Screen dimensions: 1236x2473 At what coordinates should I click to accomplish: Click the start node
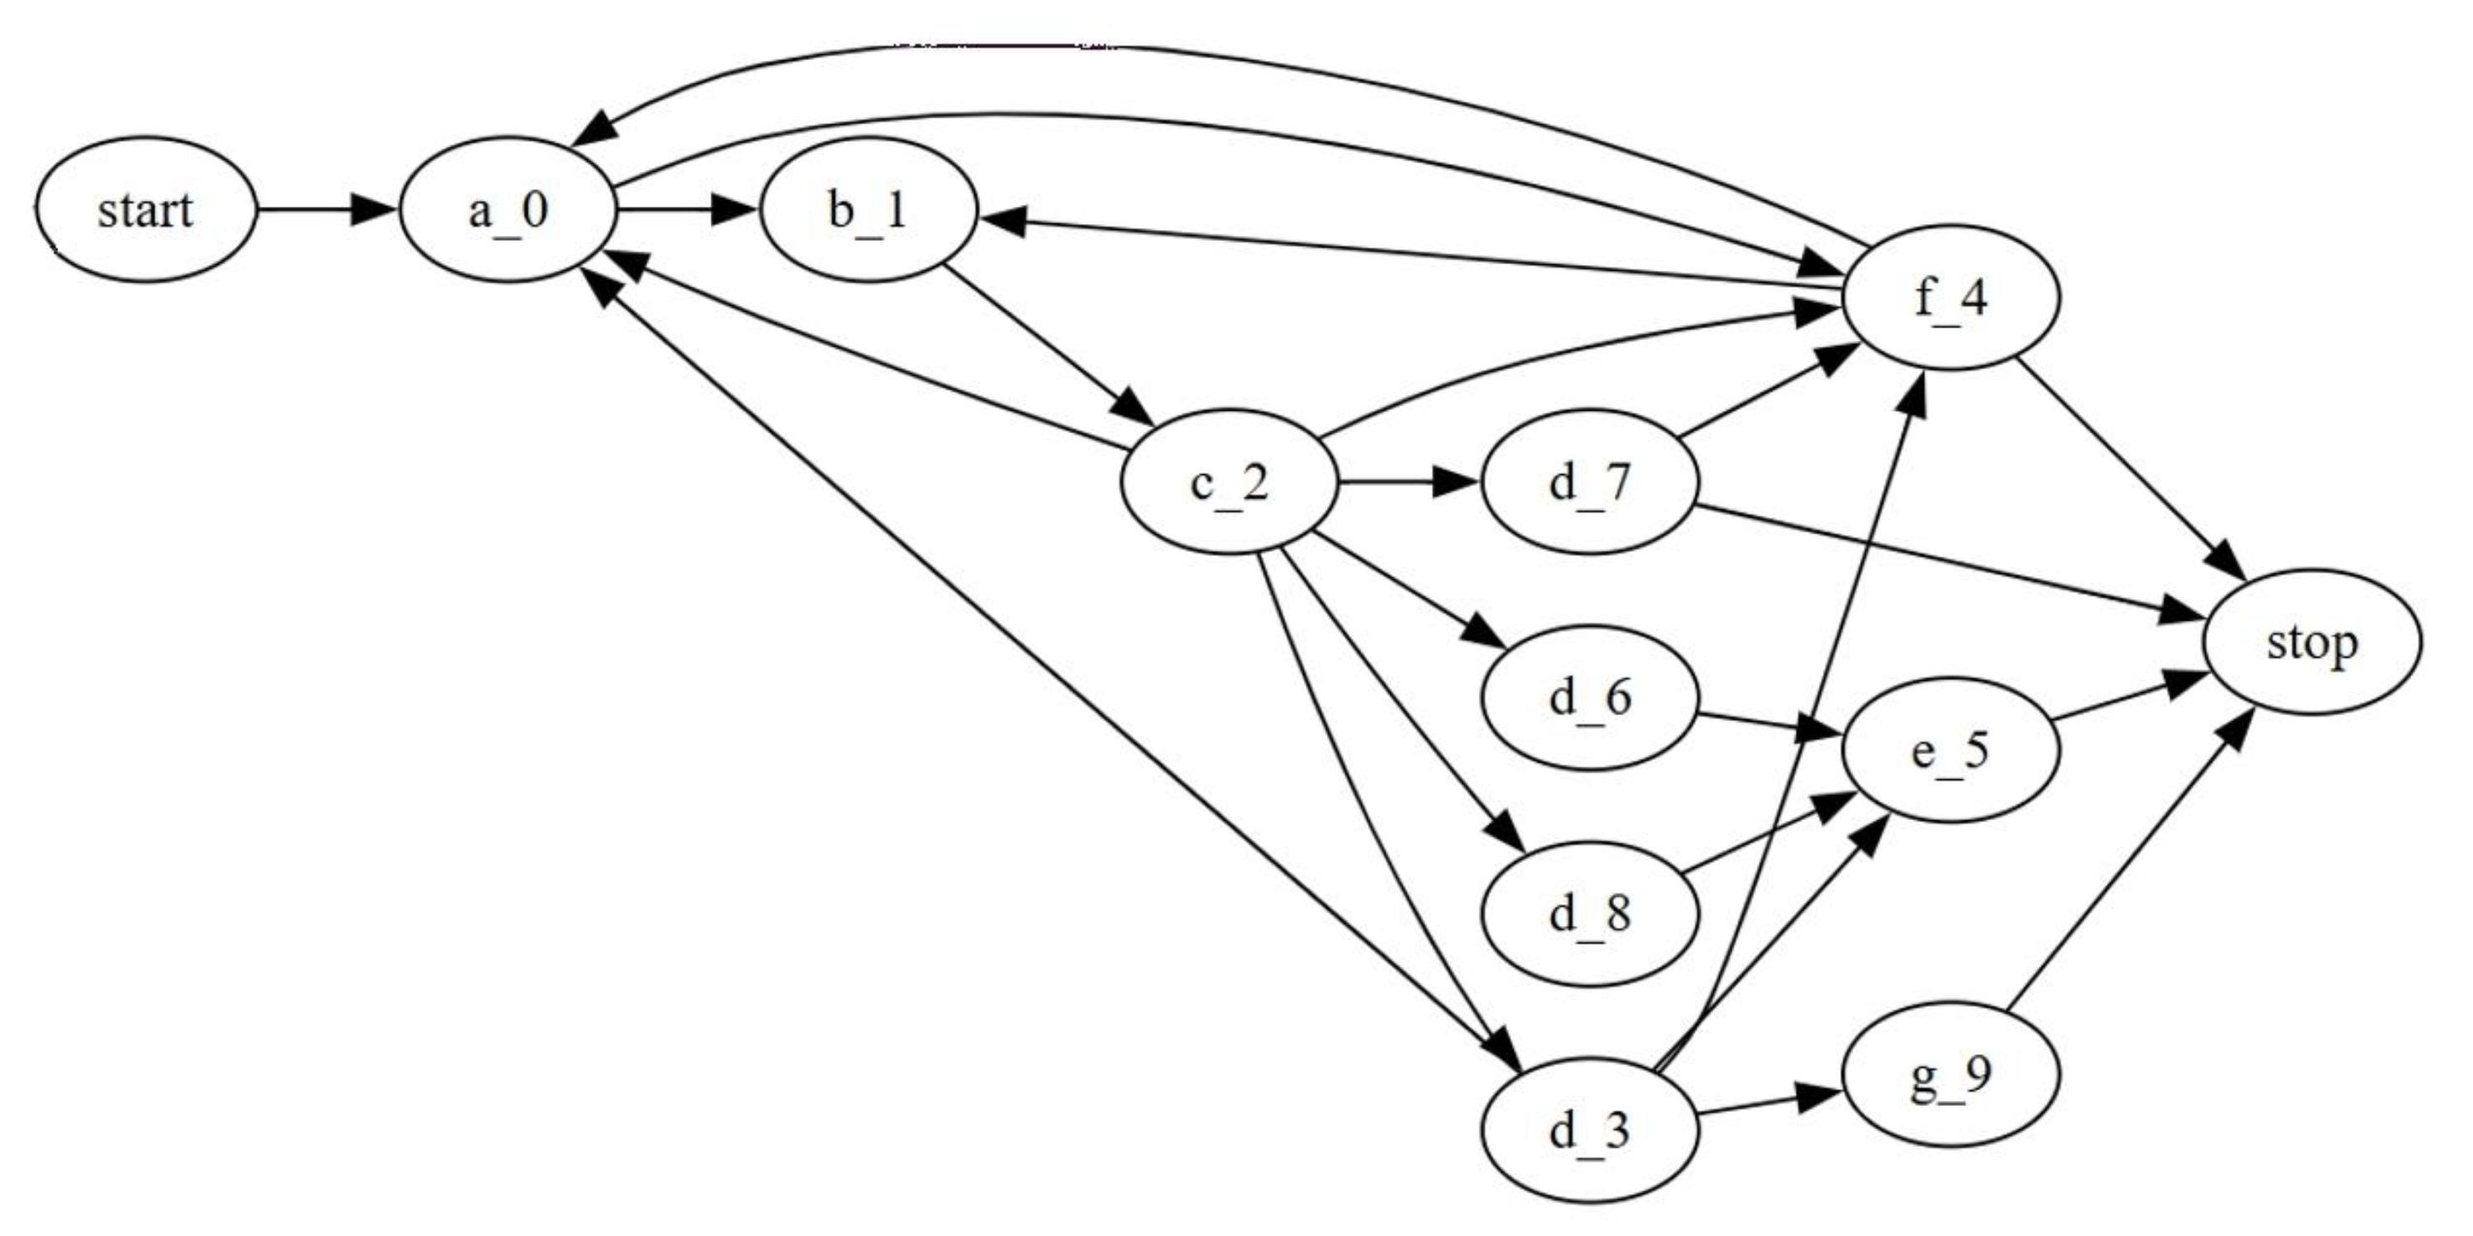[x=146, y=209]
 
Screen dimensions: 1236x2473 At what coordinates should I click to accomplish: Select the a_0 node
[x=507, y=209]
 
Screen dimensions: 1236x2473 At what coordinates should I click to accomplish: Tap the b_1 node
[x=868, y=209]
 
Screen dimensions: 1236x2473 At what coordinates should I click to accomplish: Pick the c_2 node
[x=1229, y=482]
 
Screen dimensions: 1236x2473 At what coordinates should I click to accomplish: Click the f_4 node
[x=1951, y=298]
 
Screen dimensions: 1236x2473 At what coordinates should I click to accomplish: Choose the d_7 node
[x=1590, y=482]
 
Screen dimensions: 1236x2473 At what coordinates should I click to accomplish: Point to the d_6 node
[x=1590, y=698]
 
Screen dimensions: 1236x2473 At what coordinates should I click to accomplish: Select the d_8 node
[x=1590, y=913]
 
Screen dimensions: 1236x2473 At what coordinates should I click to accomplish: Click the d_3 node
[x=1590, y=1130]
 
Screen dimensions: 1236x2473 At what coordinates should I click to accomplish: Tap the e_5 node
[x=1951, y=750]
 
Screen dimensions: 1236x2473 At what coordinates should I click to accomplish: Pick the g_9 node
[x=1951, y=1075]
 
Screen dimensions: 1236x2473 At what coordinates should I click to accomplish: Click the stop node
[x=2312, y=642]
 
